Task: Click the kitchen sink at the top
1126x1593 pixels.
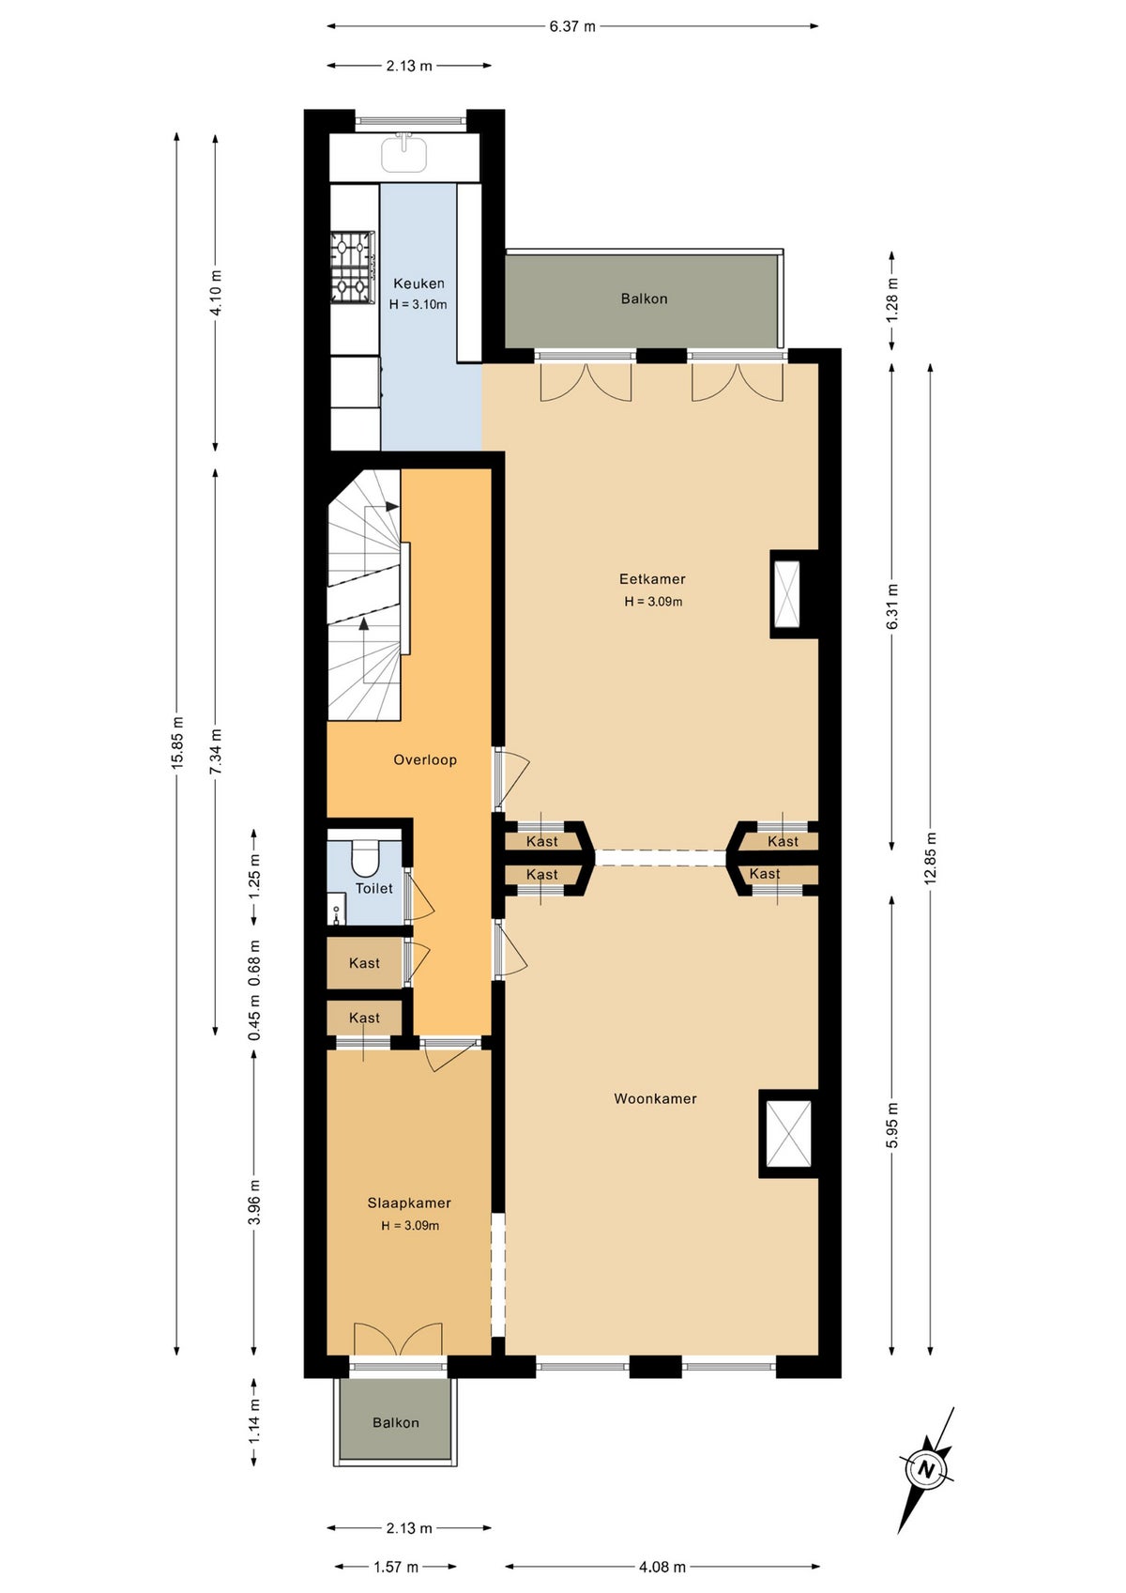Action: point(403,153)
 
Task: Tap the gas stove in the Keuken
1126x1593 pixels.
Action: point(353,268)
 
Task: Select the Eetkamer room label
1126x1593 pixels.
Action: point(652,579)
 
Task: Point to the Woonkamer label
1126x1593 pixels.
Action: point(655,1098)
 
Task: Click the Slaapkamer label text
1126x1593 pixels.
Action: point(409,1203)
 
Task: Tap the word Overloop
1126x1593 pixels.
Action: point(425,759)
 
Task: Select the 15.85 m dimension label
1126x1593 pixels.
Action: point(177,742)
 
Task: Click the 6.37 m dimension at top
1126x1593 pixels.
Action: point(572,27)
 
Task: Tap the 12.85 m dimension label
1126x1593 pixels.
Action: point(931,858)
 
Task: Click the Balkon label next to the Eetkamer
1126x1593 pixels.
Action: point(644,299)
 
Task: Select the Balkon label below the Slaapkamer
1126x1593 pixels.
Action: point(396,1423)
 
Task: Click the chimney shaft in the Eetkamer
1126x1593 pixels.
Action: point(787,594)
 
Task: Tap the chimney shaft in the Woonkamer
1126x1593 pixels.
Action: point(788,1134)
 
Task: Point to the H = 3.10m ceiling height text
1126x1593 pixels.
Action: point(418,304)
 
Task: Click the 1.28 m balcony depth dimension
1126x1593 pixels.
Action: point(893,299)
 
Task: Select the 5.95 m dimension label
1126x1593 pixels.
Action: point(893,1125)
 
